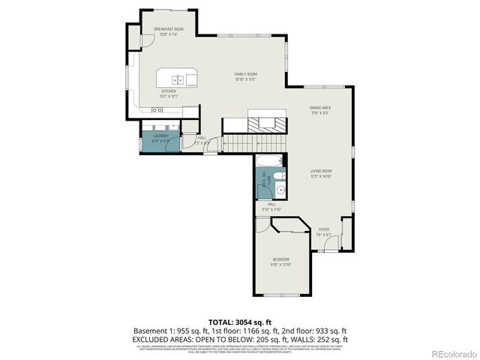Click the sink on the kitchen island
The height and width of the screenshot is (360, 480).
tap(178, 79)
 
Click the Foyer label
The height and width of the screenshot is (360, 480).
tap(323, 231)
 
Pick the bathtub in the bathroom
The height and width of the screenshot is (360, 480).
tap(269, 160)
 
